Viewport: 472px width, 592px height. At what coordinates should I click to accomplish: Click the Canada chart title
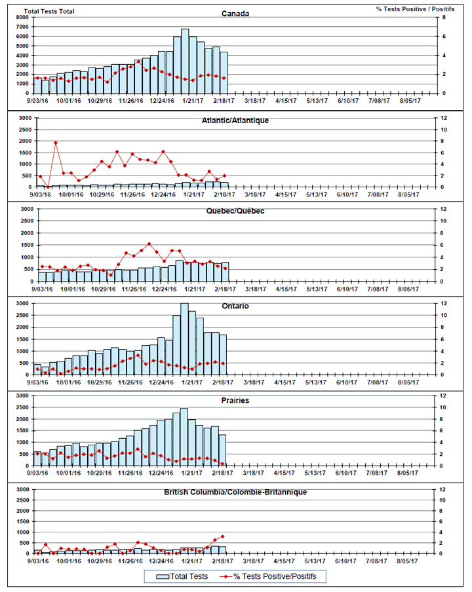pyautogui.click(x=235, y=14)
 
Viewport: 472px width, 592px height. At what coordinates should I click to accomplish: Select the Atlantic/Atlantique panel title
pyautogui.click(x=235, y=120)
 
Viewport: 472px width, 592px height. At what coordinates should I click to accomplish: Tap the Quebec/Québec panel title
pyautogui.click(x=235, y=212)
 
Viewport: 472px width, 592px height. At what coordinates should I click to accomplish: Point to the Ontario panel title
pyautogui.click(x=235, y=306)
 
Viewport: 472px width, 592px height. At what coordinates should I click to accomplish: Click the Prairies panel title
pyautogui.click(x=235, y=399)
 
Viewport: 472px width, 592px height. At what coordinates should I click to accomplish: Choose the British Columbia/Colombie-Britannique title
pyautogui.click(x=235, y=492)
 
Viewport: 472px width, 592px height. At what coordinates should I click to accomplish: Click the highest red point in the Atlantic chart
pyautogui.click(x=56, y=143)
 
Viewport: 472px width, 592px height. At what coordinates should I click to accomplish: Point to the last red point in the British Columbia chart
pyautogui.click(x=223, y=536)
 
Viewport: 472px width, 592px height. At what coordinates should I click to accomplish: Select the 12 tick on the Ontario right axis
pyautogui.click(x=444, y=304)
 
